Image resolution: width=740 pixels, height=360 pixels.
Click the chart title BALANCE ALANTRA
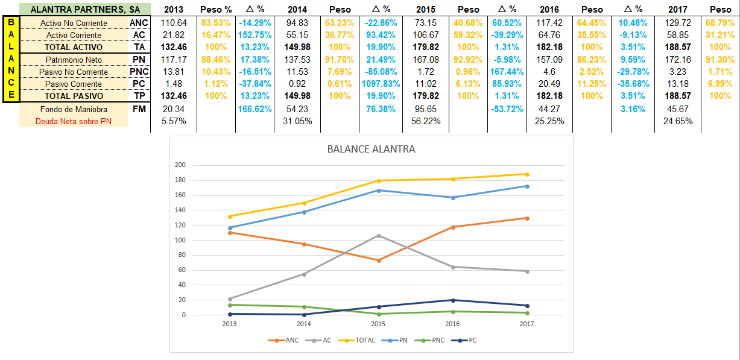(371, 149)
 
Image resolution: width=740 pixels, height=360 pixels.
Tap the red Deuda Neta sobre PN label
(74, 121)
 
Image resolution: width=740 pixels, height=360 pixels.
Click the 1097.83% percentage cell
(378, 84)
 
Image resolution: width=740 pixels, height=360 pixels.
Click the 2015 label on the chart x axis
(379, 324)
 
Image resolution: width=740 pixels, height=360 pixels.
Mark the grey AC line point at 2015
(379, 235)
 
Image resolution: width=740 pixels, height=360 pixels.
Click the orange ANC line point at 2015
(379, 261)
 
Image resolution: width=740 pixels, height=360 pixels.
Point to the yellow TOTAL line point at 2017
(528, 174)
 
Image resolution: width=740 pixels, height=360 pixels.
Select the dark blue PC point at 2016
(453, 300)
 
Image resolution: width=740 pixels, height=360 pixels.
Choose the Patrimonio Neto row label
(74, 60)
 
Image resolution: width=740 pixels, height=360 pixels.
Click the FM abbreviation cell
(139, 109)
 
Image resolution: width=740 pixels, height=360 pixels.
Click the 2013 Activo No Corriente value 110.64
(174, 23)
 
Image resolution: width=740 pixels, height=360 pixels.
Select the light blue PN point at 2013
(230, 228)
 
